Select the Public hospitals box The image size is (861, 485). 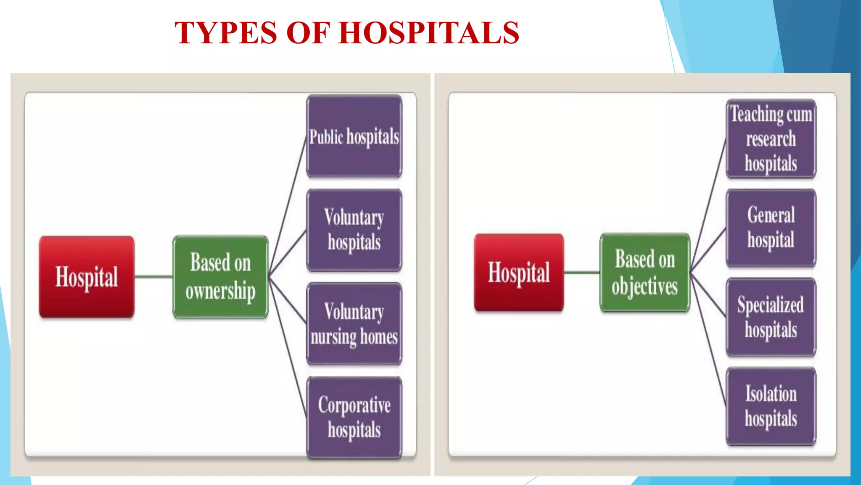point(354,136)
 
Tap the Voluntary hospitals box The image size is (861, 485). point(354,230)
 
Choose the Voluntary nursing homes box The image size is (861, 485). point(354,324)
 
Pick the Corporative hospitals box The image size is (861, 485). point(354,417)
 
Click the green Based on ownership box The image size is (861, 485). point(220,277)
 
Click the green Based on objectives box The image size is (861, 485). point(645,272)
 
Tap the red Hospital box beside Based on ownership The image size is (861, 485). point(87,277)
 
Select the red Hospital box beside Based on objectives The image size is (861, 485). point(519,272)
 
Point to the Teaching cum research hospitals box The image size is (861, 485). point(771,139)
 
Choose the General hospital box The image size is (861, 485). point(771,228)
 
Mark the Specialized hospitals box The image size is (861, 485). point(771,317)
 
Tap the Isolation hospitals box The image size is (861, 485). point(771,406)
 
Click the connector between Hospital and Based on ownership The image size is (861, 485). point(154,277)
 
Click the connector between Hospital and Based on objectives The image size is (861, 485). point(582,272)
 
